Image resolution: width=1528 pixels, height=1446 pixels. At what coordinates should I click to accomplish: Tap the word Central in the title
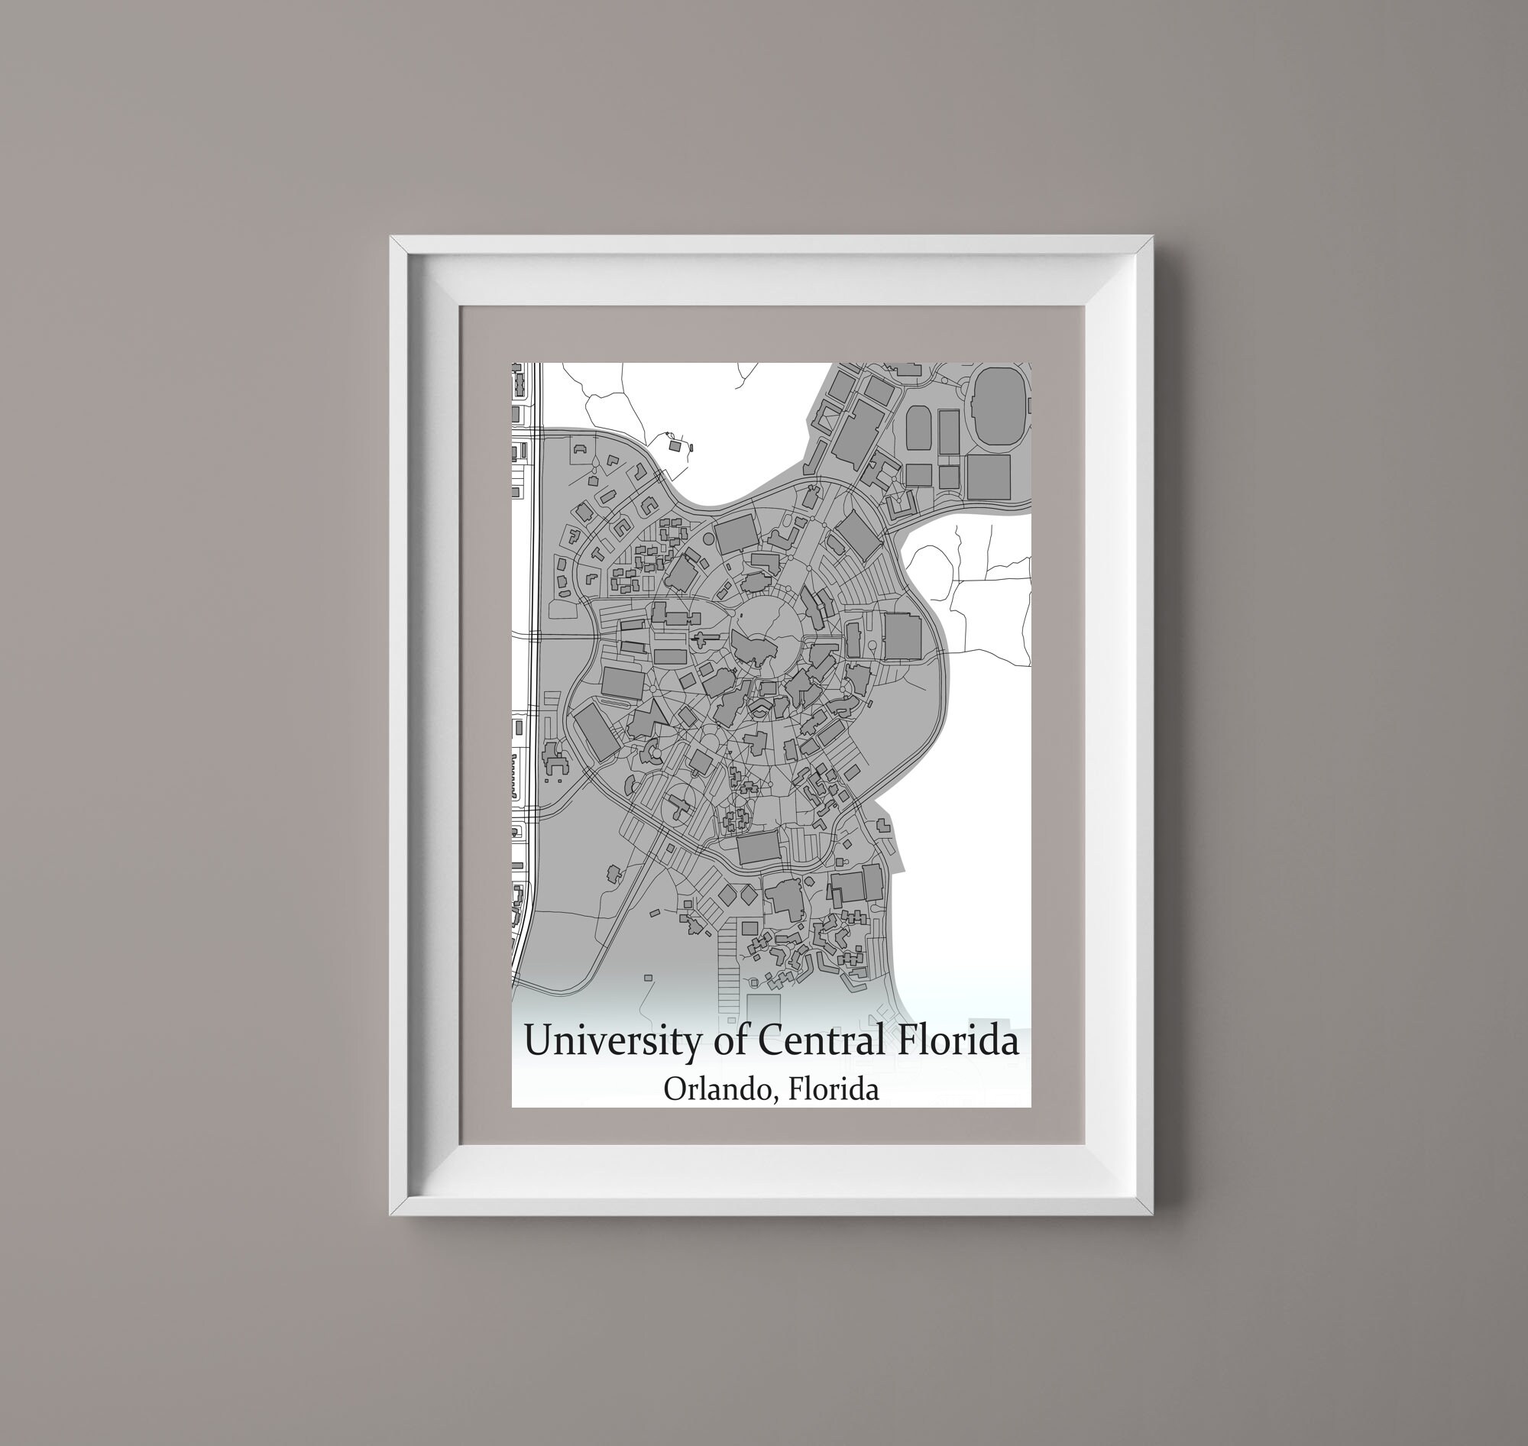point(821,1040)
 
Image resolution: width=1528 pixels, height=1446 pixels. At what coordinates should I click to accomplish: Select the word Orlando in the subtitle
point(713,1089)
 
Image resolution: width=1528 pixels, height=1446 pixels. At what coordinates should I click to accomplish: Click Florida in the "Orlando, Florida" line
point(834,1089)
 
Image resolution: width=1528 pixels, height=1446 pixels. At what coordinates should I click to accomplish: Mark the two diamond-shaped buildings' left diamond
point(727,894)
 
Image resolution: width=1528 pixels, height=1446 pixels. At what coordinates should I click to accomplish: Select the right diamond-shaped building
point(748,894)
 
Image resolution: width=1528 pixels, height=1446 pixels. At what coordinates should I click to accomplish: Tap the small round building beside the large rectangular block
point(709,528)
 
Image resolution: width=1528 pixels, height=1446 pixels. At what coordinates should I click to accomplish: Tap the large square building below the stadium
point(988,477)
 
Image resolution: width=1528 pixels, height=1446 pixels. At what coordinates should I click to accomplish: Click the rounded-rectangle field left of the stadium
point(919,429)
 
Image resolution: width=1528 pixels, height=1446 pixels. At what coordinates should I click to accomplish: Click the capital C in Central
point(772,1040)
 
